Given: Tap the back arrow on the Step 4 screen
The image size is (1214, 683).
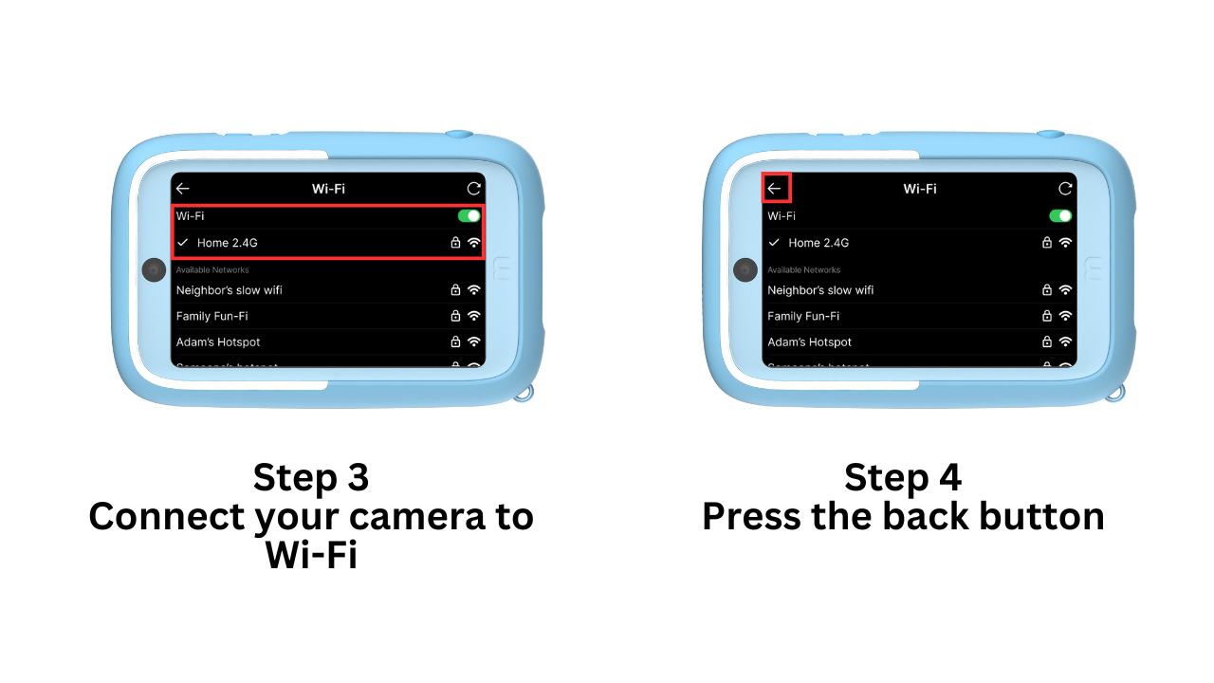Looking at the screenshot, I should tap(775, 189).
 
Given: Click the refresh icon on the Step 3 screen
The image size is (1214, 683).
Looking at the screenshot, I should tap(473, 189).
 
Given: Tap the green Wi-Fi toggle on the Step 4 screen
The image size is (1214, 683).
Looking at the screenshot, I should tap(1060, 216).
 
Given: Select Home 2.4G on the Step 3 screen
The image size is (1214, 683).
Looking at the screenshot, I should tap(228, 243).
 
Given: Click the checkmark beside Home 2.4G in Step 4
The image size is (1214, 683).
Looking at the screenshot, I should tap(774, 243).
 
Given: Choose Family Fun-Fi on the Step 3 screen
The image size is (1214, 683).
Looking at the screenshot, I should tap(212, 316).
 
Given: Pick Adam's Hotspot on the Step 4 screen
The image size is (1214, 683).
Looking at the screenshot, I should tap(809, 341).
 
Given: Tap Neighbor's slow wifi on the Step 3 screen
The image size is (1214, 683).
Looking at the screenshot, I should tap(229, 290).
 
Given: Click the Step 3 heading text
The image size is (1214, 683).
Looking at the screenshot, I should tap(311, 477).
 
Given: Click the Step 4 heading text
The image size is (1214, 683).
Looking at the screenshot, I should tap(902, 477).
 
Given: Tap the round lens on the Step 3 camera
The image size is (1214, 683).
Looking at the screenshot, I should tap(154, 270).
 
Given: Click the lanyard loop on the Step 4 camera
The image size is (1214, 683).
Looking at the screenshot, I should tap(1115, 393).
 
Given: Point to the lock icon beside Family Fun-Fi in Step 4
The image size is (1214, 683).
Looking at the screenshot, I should tap(1047, 316).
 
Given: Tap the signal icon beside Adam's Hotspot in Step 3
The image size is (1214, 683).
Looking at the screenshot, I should tap(474, 341).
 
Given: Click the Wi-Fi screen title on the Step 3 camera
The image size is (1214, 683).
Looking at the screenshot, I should tap(328, 189).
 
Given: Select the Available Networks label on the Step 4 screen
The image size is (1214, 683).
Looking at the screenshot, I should tap(804, 270).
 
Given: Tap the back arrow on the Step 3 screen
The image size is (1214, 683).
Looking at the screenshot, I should tap(183, 189).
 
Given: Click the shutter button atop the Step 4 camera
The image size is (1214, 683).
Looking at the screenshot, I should tap(1049, 136).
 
